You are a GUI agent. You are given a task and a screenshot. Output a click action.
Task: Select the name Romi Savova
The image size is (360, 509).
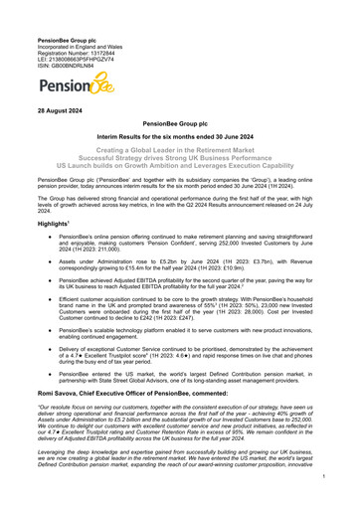point(47,449)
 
